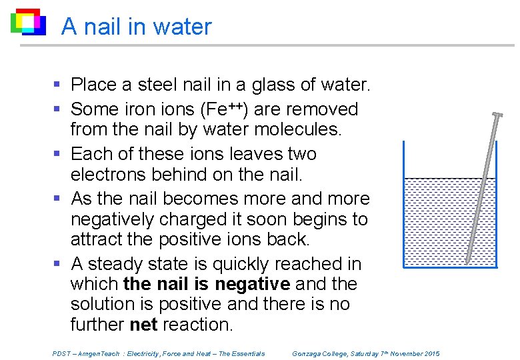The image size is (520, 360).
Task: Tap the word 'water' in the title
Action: click(182, 27)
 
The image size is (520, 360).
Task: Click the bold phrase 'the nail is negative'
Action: click(207, 284)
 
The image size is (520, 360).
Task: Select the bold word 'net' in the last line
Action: click(143, 325)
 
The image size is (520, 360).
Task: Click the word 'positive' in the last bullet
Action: click(189, 304)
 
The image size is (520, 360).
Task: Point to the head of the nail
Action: click(497, 115)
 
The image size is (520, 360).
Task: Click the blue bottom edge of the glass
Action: click(450, 267)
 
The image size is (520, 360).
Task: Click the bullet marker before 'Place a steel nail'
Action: click(57, 85)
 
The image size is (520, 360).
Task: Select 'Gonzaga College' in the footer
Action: click(320, 353)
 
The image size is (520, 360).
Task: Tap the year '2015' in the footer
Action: click(429, 353)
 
